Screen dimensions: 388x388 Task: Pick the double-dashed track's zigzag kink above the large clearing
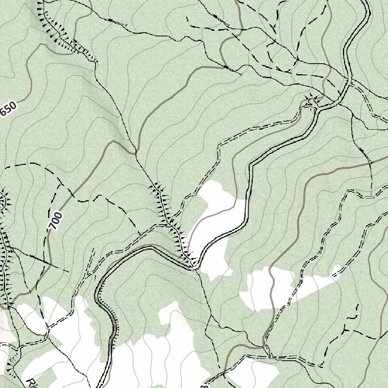218,152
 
